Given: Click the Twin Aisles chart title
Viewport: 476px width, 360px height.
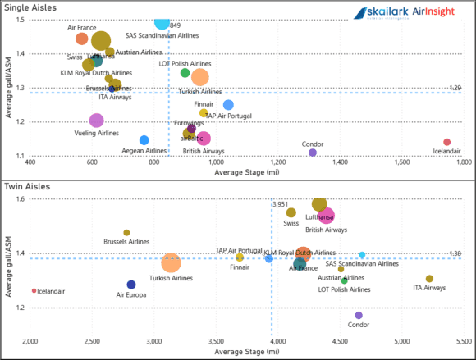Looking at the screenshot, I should [x=26, y=187].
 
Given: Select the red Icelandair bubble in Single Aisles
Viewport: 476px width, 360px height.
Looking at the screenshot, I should [x=447, y=142].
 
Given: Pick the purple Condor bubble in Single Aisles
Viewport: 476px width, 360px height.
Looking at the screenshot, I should [x=313, y=153].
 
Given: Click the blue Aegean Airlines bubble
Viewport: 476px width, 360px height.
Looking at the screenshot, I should [x=144, y=140].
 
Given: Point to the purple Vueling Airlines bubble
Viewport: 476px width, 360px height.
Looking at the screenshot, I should [x=97, y=121].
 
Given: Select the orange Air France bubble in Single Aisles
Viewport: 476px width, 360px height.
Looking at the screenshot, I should [x=81, y=39].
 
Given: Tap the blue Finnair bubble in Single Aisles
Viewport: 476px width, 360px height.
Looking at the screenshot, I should [x=228, y=105].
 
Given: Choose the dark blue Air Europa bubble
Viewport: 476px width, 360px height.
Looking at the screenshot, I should [x=131, y=285].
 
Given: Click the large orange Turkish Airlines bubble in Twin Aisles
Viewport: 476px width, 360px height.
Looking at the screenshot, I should [x=171, y=263].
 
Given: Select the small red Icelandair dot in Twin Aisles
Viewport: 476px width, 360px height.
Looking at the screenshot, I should [x=34, y=290].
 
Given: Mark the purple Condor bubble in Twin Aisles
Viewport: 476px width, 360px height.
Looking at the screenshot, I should [x=359, y=315].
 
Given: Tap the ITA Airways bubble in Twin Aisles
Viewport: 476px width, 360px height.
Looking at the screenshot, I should [x=429, y=279].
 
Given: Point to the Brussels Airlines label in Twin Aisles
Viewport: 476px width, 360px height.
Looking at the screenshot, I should [x=126, y=242].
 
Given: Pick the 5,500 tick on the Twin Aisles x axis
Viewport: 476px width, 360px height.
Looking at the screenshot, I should [x=463, y=340].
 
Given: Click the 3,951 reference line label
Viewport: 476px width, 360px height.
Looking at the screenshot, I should [x=281, y=204].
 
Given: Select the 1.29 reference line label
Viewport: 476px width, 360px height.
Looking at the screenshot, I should [x=457, y=88].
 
